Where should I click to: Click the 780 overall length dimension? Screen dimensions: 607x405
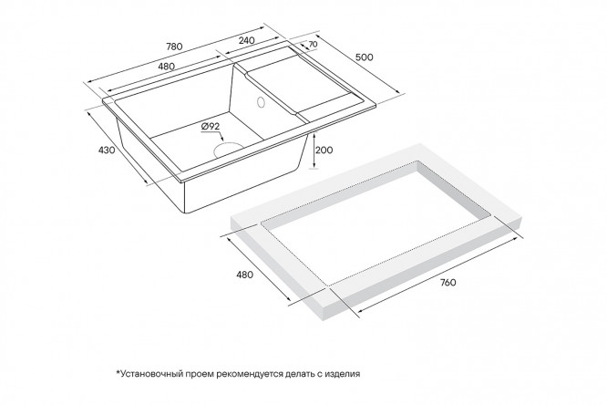pyautogui.click(x=174, y=47)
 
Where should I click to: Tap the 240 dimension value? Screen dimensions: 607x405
pyautogui.click(x=247, y=40)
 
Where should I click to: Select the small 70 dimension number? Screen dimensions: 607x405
pyautogui.click(x=314, y=44)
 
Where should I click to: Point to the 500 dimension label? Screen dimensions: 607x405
pyautogui.click(x=365, y=57)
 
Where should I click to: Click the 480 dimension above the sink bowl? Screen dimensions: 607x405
pyautogui.click(x=167, y=67)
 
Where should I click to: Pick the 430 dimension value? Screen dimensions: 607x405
pyautogui.click(x=107, y=150)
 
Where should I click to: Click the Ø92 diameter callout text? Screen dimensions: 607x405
pyautogui.click(x=211, y=127)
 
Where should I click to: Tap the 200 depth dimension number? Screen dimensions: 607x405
pyautogui.click(x=324, y=150)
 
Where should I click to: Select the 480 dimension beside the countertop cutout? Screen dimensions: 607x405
pyautogui.click(x=244, y=275)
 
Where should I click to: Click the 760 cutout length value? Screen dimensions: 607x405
pyautogui.click(x=448, y=283)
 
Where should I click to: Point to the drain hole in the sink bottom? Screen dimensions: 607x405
pyautogui.click(x=228, y=150)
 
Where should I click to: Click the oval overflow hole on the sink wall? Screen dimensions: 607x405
pyautogui.click(x=260, y=101)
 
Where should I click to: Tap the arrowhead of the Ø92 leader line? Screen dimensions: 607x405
pyautogui.click(x=221, y=139)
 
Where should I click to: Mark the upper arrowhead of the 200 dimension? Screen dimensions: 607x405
pyautogui.click(x=314, y=133)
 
